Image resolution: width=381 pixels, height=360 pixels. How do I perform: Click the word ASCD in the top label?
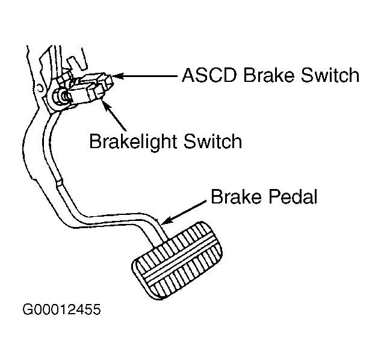(209, 75)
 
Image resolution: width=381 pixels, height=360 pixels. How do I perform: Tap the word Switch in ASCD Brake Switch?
(330, 75)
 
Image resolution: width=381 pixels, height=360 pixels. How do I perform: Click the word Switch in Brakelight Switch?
(213, 141)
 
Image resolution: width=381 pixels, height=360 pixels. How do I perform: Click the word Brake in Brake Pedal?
(236, 196)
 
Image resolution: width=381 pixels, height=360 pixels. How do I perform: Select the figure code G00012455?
(61, 309)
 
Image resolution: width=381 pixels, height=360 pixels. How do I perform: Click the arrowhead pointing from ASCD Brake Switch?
(117, 76)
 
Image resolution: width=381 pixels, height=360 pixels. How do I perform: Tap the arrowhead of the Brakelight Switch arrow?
(105, 104)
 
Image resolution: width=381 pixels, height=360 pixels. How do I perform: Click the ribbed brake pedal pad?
(177, 261)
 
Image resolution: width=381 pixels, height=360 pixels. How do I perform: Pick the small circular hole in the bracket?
(39, 87)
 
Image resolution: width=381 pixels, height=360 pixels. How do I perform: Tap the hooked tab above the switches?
(75, 64)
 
